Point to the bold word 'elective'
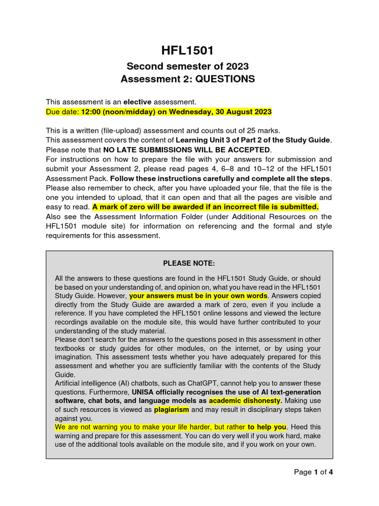[137, 102]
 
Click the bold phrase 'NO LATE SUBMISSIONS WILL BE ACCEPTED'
[187, 150]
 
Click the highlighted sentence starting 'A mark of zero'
[205, 207]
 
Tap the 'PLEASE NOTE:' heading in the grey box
[189, 263]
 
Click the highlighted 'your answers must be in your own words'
[198, 296]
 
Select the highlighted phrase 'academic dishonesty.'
[245, 401]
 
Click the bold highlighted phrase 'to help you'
[266, 427]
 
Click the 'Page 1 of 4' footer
[313, 472]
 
